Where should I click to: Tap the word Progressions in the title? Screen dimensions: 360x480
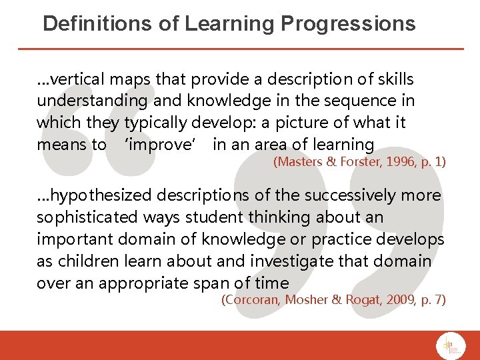[x=349, y=24]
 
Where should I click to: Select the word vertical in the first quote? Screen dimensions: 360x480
[x=78, y=79]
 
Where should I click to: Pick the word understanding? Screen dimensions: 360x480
[x=92, y=101]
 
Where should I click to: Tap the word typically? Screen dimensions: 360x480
[x=155, y=123]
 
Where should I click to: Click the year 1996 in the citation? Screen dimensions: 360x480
[x=393, y=161]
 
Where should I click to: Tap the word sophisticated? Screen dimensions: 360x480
[x=86, y=217]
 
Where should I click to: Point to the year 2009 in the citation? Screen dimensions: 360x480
[x=398, y=300]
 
